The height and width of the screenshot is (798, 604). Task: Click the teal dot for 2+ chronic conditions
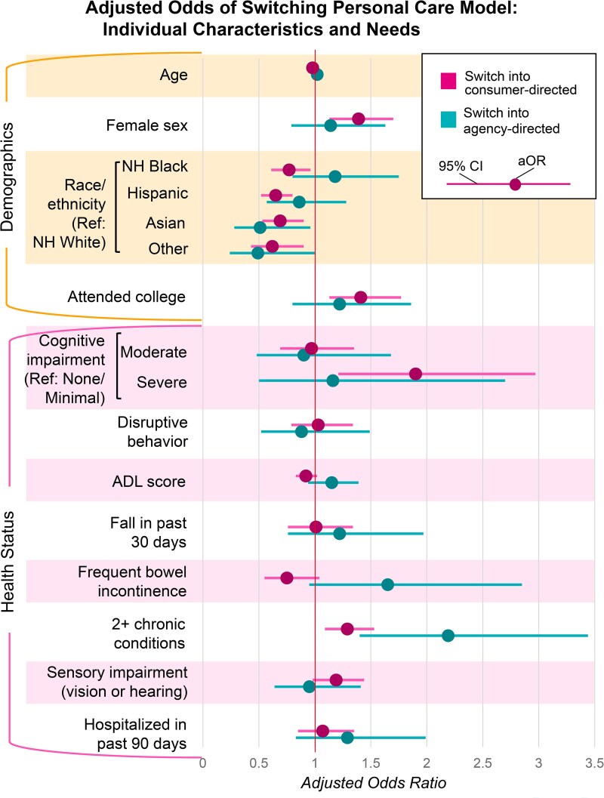pos(448,636)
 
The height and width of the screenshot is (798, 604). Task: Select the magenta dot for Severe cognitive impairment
pos(415,374)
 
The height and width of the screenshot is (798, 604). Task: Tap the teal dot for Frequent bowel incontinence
pos(387,584)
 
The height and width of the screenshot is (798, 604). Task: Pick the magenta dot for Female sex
pos(359,119)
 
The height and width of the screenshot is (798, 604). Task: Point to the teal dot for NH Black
pos(334,177)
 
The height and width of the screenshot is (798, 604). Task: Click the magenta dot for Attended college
pos(360,297)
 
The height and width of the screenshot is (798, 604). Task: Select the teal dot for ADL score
pos(331,482)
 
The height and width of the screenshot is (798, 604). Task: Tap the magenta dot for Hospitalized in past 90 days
pos(322,731)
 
